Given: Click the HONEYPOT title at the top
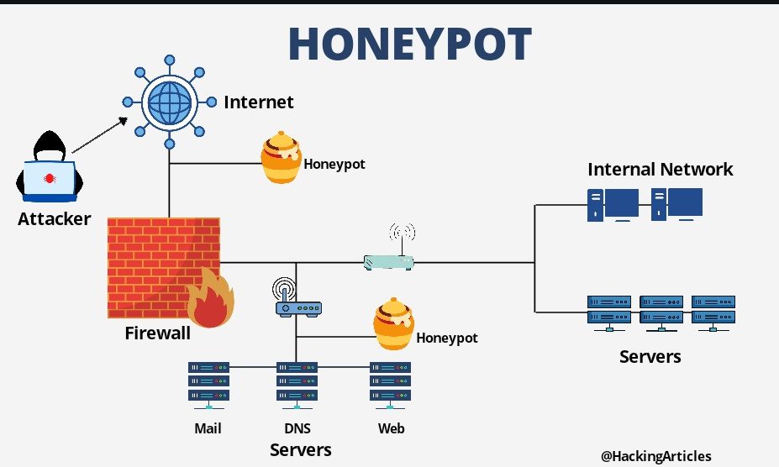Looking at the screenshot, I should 409,41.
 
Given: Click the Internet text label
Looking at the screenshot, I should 259,102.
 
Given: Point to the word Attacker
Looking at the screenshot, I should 54,219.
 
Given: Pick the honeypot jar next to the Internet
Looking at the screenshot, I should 281,158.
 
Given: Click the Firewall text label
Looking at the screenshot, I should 157,333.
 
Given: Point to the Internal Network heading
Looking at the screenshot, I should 660,169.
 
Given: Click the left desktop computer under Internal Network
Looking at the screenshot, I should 611,204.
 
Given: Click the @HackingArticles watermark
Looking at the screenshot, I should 655,455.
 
